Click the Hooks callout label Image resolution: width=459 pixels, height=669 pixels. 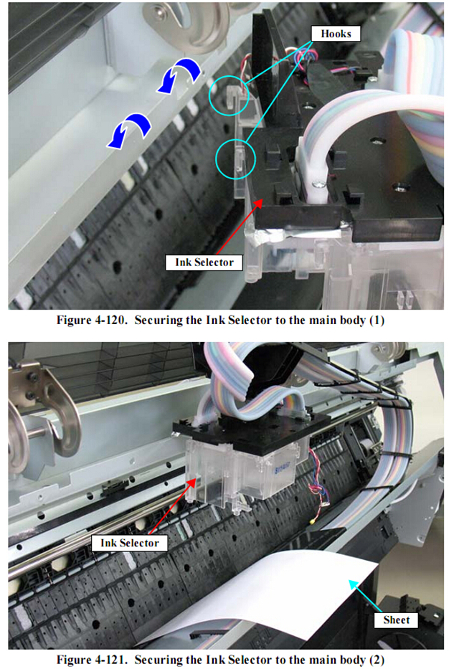[336, 34]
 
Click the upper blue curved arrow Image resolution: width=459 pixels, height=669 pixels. [179, 75]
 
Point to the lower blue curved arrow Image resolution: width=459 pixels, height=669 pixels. [129, 131]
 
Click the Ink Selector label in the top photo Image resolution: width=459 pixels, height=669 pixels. [204, 262]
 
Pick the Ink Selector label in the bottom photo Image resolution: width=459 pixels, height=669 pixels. [129, 543]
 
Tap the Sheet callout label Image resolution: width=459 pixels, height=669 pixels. [396, 620]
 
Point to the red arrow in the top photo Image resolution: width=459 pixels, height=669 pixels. [239, 227]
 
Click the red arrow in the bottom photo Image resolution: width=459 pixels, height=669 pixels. [172, 506]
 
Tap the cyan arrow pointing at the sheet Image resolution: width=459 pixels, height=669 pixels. [365, 596]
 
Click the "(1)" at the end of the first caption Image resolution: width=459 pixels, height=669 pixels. [377, 321]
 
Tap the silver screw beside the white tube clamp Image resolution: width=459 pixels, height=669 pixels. [318, 185]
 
